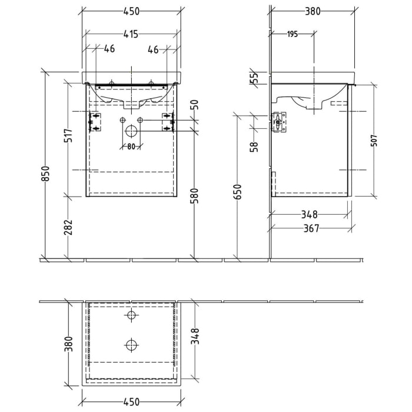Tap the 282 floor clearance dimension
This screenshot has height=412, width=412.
(68, 228)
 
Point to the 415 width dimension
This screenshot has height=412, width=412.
(131, 35)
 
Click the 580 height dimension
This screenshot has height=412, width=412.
(195, 195)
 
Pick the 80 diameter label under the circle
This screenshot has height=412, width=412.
(131, 147)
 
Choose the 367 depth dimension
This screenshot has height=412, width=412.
(310, 229)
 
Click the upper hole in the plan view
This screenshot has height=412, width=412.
(131, 315)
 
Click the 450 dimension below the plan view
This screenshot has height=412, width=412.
(131, 402)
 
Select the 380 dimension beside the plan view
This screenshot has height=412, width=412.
(68, 342)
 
